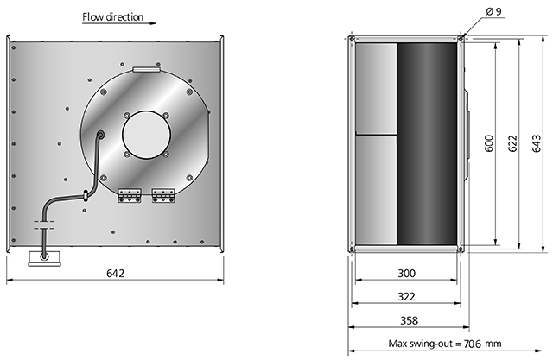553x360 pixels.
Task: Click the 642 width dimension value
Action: pos(115,274)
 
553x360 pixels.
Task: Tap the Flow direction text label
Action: pos(113,17)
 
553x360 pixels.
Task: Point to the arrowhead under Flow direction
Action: pos(153,23)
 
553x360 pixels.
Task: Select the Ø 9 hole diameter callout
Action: pos(493,11)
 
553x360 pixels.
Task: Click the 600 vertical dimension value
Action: pos(489,143)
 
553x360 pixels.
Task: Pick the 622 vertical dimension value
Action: pos(512,143)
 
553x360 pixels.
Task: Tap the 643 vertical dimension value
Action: pos(536,143)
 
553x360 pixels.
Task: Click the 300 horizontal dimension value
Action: pos(407,274)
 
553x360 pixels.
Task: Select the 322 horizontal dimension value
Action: pos(407,297)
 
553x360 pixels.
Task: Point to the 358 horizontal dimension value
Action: pos(409,320)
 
